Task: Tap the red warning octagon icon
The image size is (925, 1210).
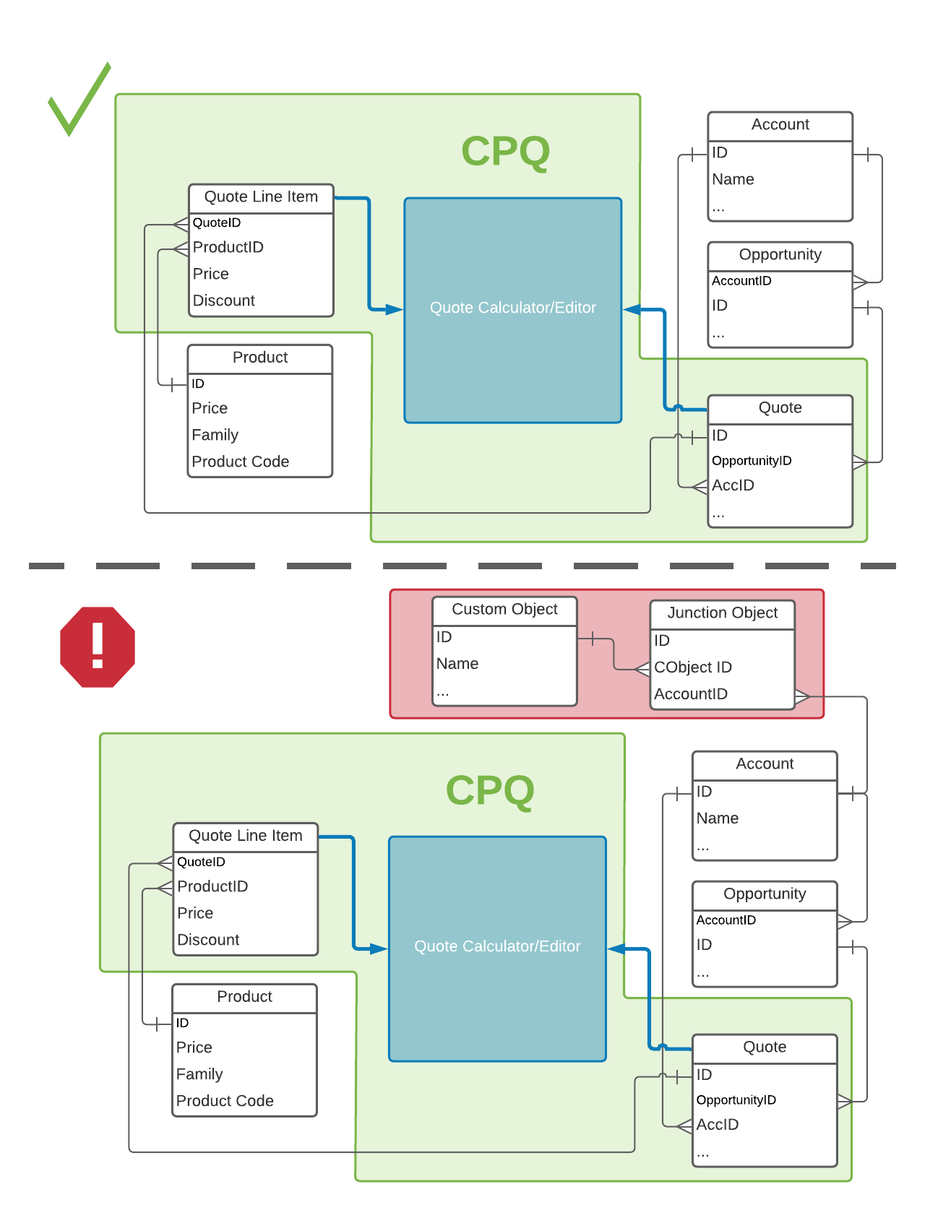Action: [98, 647]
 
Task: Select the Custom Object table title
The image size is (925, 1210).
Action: [504, 610]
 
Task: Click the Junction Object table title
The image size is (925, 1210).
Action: [722, 613]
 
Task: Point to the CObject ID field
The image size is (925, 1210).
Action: [692, 667]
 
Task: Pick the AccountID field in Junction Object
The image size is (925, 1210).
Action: [690, 694]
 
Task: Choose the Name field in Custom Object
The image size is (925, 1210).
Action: [457, 664]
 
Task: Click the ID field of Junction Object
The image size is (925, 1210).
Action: [662, 641]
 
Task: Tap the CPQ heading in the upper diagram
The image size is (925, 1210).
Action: [505, 152]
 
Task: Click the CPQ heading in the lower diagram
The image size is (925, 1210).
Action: [490, 790]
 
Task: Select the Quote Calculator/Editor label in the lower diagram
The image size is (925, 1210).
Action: [497, 946]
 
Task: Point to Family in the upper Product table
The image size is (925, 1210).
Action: [215, 435]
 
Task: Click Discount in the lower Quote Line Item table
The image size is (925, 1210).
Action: [208, 940]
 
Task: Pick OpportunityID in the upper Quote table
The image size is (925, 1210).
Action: [752, 461]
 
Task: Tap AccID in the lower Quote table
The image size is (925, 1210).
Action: [718, 1125]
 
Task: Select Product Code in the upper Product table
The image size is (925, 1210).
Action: [240, 462]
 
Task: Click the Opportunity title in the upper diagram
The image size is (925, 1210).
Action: [780, 255]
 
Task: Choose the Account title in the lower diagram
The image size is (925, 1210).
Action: [765, 764]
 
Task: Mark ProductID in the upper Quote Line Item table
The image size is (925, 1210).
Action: [228, 247]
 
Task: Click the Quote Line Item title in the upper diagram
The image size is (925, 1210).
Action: [261, 197]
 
